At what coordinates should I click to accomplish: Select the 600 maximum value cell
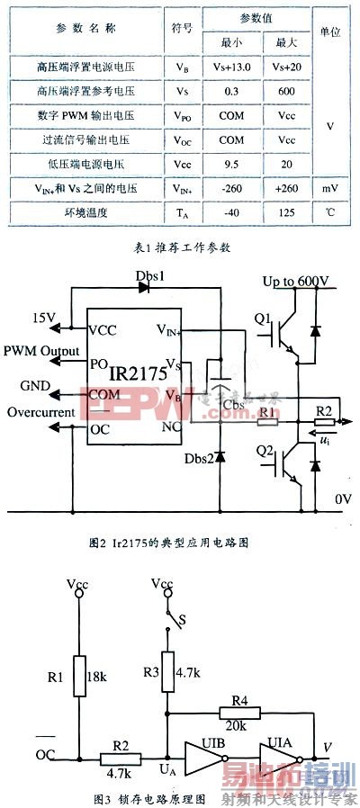(287, 91)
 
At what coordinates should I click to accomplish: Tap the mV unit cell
(330, 189)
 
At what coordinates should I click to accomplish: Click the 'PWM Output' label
(40, 350)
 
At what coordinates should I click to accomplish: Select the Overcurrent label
(41, 413)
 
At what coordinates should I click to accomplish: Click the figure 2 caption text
(180, 543)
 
